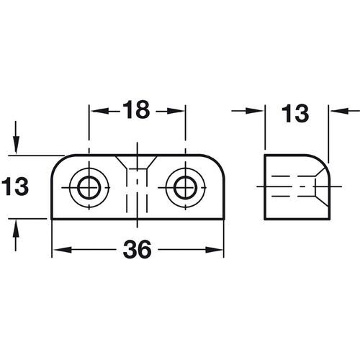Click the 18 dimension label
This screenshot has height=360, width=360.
(137, 111)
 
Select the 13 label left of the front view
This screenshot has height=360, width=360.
(16, 187)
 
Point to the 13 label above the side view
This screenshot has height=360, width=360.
(296, 112)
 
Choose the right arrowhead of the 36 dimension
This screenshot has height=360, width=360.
(217, 250)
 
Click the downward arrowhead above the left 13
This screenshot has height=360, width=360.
(16, 148)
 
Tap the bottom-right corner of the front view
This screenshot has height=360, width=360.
(221, 217)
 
